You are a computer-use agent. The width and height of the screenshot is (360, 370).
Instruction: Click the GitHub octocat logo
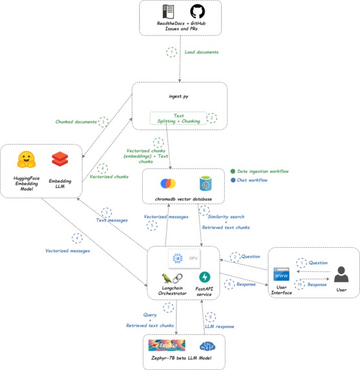197,12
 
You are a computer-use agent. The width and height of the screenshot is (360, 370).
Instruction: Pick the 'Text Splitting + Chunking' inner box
179,119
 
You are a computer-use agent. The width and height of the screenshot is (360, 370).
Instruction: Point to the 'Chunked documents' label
77,121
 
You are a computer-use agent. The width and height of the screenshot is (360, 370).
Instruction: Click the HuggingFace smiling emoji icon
26,159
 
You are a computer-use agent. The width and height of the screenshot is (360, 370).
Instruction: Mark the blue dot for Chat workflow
231,180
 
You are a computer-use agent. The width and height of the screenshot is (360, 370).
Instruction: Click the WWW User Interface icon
281,274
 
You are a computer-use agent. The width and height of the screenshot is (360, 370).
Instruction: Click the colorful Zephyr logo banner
166,345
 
